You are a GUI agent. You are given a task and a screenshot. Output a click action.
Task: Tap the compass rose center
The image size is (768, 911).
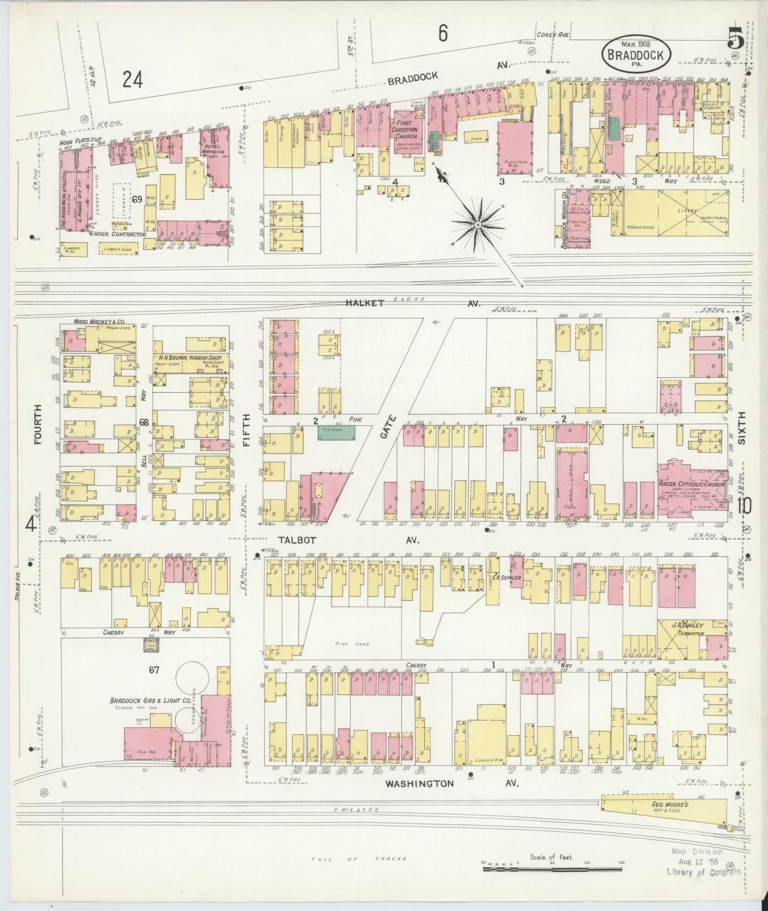(478, 225)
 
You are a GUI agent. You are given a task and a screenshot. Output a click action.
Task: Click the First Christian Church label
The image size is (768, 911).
(406, 129)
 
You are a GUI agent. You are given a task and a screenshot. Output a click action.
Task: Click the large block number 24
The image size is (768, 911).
(132, 80)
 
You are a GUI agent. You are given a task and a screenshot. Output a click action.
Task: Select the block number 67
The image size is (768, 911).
(154, 670)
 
